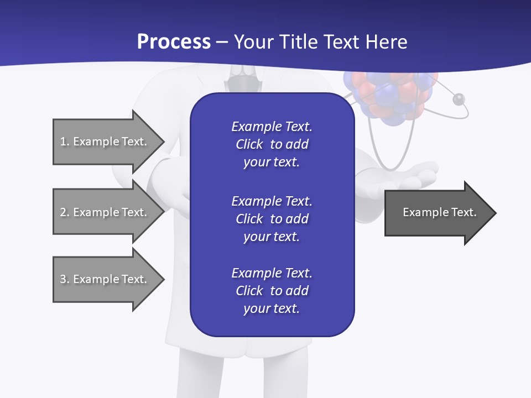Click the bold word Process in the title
tap(174, 42)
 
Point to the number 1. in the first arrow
tap(64, 142)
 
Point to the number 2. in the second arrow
tap(64, 212)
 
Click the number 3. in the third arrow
tap(64, 279)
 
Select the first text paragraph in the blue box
tap(272, 144)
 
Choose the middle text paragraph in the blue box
tap(272, 219)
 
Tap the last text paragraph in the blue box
tap(272, 291)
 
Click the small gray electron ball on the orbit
tap(459, 99)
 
